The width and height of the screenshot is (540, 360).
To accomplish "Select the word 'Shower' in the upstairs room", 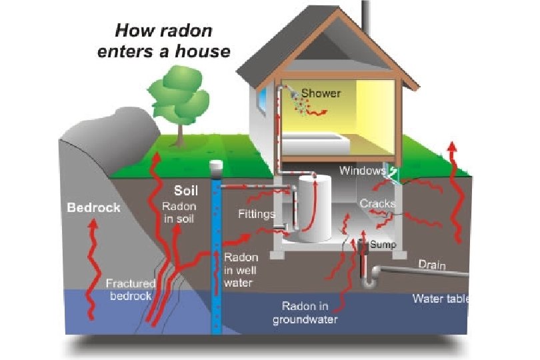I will click(x=321, y=93).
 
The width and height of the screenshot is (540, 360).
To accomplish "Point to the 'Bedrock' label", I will click(x=93, y=208).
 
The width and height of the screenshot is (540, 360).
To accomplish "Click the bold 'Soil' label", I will click(x=186, y=191).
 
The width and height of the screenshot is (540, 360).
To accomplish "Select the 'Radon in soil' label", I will click(x=178, y=213).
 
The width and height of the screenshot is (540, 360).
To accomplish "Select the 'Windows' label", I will click(x=362, y=171).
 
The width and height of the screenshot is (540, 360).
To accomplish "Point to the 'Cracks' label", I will click(x=377, y=203).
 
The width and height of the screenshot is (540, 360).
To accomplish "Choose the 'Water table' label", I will click(x=440, y=298).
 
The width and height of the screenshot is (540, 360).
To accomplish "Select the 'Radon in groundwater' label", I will click(x=305, y=313).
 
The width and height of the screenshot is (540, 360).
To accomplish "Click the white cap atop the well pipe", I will click(x=215, y=165).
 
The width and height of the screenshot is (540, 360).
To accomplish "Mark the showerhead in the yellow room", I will click(x=294, y=95).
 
